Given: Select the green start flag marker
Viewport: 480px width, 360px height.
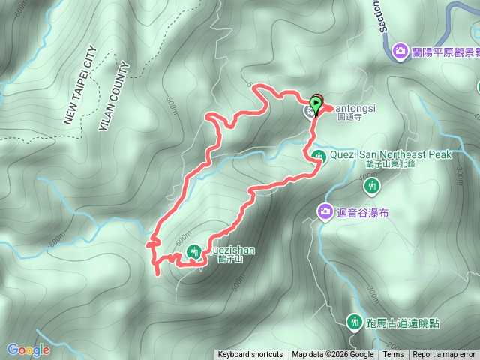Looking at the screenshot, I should pyautogui.click(x=316, y=102).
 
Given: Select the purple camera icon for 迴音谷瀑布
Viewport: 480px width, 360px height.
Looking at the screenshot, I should pyautogui.click(x=325, y=211).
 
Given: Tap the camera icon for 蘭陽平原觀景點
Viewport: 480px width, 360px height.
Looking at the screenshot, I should pyautogui.click(x=401, y=51).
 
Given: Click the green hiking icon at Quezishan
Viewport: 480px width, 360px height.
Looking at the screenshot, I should pyautogui.click(x=194, y=253).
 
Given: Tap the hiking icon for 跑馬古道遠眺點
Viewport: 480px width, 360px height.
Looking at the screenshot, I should pyautogui.click(x=354, y=322).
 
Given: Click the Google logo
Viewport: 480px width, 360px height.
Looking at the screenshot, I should pyautogui.click(x=28, y=349).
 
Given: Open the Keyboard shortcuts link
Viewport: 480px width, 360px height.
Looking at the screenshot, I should pyautogui.click(x=250, y=355).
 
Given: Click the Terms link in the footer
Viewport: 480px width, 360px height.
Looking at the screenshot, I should pyautogui.click(x=393, y=355).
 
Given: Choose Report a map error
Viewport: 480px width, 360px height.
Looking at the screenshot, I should pyautogui.click(x=445, y=355).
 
